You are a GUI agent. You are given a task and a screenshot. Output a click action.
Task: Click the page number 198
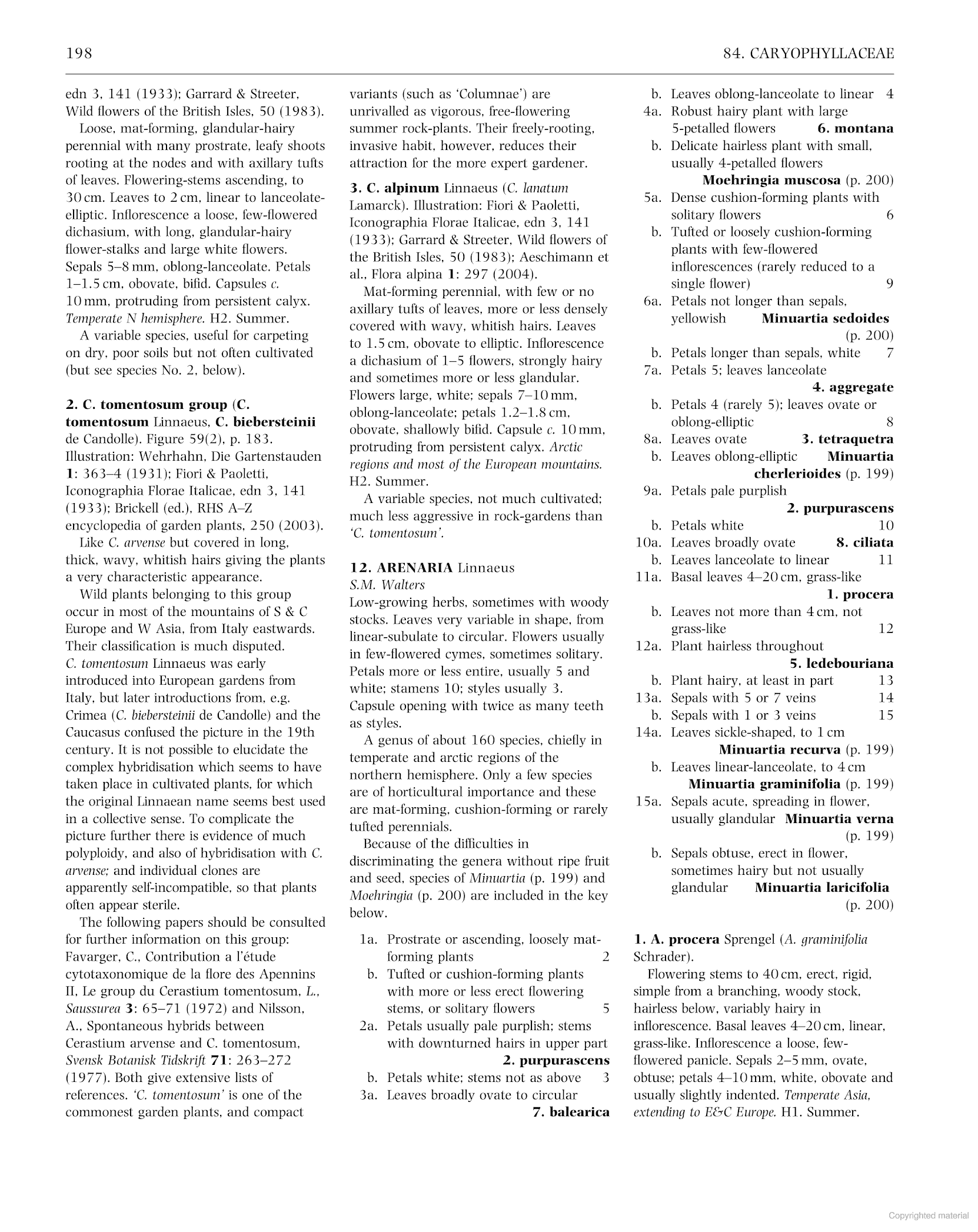(x=79, y=54)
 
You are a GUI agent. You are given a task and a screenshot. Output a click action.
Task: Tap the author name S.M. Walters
(x=387, y=585)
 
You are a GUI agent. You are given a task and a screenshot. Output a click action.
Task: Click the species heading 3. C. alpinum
(x=395, y=188)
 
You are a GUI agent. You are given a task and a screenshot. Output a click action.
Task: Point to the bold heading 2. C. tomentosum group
(x=147, y=405)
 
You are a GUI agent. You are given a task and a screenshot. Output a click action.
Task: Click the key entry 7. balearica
(x=571, y=1112)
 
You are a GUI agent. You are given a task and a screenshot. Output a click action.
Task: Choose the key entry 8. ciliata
(x=864, y=542)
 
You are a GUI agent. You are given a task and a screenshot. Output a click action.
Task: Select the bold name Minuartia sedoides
(x=825, y=318)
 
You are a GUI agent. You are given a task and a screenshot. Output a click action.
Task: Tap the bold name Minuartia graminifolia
(x=764, y=784)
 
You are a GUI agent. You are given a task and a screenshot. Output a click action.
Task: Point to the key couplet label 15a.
(x=648, y=801)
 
